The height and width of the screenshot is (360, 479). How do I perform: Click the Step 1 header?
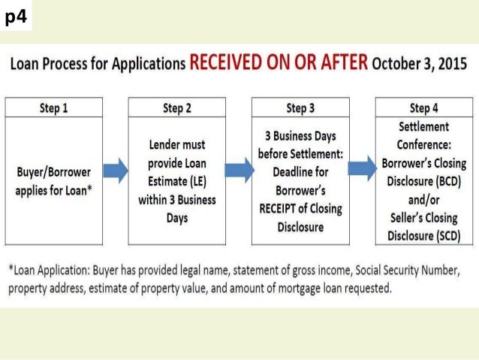[54, 108]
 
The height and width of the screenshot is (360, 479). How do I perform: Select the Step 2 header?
[177, 108]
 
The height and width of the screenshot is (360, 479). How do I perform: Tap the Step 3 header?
[300, 108]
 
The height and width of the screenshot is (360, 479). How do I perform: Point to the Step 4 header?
[424, 108]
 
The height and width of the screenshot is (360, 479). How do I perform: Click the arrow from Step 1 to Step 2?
[115, 172]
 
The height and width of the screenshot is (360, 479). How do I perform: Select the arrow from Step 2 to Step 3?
[238, 172]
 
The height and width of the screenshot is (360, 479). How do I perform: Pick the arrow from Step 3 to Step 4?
[361, 172]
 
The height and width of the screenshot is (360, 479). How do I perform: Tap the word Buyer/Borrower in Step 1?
[53, 172]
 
